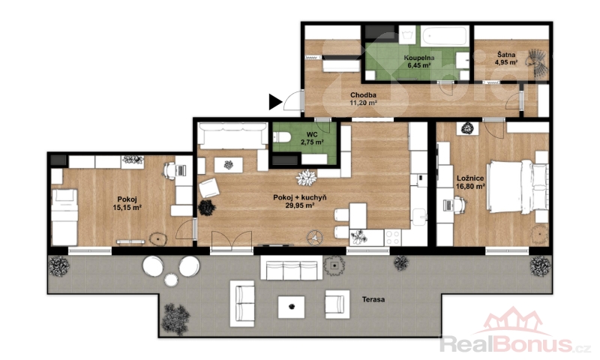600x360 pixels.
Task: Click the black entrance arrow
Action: point(275,102)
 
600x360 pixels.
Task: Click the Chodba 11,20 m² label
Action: point(363,99)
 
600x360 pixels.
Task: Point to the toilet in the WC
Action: point(280,136)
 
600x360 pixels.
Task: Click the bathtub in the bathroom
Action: point(445,36)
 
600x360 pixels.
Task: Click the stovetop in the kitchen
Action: point(393,238)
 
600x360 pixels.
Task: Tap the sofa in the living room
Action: point(233,136)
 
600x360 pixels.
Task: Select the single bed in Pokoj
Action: point(64,217)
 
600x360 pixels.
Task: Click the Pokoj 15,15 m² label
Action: point(127,203)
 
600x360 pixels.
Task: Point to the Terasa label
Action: point(373,299)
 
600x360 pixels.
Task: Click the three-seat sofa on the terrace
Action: point(292,268)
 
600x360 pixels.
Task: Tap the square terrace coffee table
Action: point(291,307)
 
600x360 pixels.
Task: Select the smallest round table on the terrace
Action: point(171,280)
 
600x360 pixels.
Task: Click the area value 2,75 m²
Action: point(312,142)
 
